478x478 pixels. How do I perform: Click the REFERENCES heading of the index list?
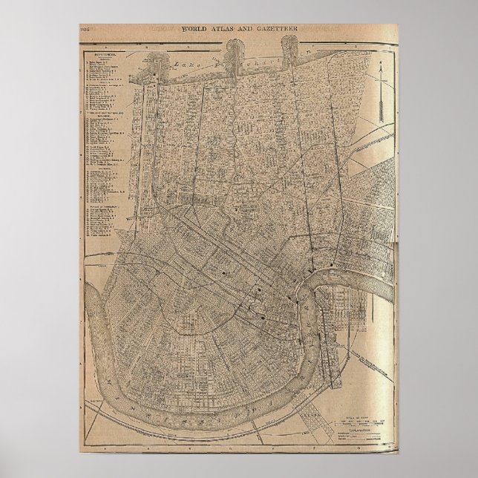click(99, 54)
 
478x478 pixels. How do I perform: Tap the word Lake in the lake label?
click(175, 65)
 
